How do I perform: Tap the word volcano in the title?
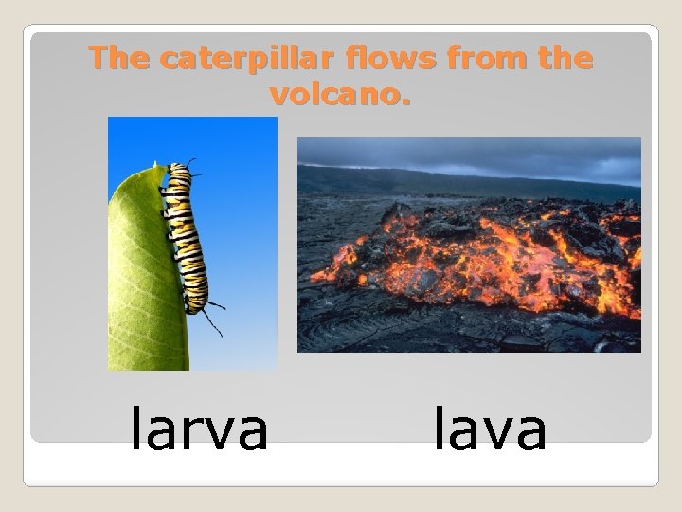point(334,95)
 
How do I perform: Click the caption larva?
point(199,430)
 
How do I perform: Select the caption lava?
point(490,430)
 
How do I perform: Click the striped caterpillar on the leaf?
point(185,237)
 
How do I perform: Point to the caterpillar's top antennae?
point(191,164)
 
